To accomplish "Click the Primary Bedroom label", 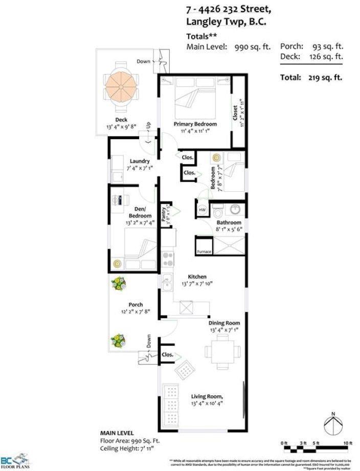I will click(x=194, y=124).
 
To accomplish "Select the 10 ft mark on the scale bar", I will click(x=348, y=443).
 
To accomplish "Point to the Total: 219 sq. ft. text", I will click(x=310, y=78).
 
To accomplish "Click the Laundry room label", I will click(x=139, y=162).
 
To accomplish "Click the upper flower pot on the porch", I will click(x=121, y=284).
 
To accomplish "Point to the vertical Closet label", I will click(x=235, y=114).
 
